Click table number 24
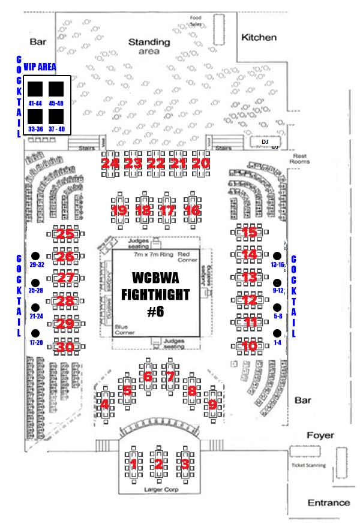click(110, 162)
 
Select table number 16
click(192, 210)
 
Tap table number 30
click(65, 347)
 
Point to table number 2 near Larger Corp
click(158, 463)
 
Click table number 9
click(212, 405)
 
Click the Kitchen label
click(259, 37)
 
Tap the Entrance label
click(328, 502)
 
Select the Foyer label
click(320, 435)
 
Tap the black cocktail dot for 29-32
click(35, 255)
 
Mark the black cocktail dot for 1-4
click(277, 333)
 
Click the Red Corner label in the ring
click(196, 258)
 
